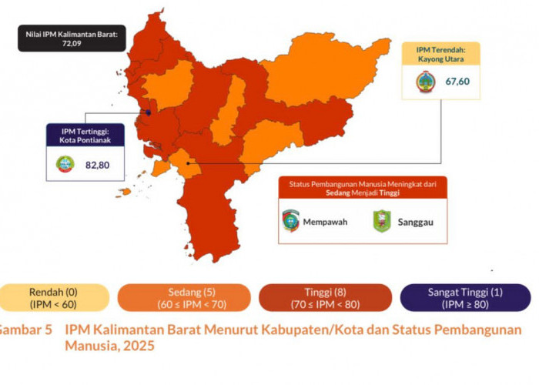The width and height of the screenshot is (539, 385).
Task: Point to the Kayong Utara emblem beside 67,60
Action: click(x=424, y=82)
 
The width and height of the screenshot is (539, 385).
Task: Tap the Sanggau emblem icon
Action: click(x=382, y=222)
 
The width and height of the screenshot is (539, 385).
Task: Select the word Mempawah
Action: click(x=326, y=222)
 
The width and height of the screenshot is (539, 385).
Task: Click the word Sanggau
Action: click(x=416, y=222)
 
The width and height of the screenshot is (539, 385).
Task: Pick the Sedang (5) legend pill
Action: click(x=184, y=297)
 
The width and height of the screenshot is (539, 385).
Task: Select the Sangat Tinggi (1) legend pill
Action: click(x=464, y=297)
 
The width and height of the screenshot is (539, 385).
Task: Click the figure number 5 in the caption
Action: click(x=48, y=330)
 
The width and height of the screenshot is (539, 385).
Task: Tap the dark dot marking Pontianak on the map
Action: click(x=149, y=112)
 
